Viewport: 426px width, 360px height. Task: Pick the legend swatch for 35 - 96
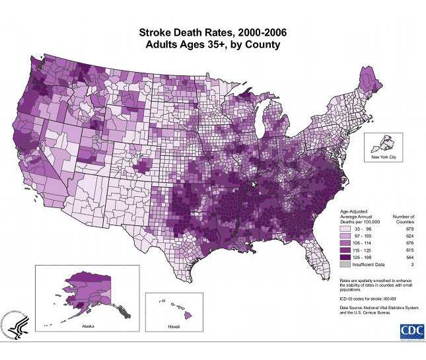[345, 229]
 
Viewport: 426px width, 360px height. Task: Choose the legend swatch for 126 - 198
[345, 257]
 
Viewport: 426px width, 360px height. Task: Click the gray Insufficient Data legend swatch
[345, 264]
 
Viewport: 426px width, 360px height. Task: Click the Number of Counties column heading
[404, 219]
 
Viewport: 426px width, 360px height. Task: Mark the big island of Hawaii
[187, 315]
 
